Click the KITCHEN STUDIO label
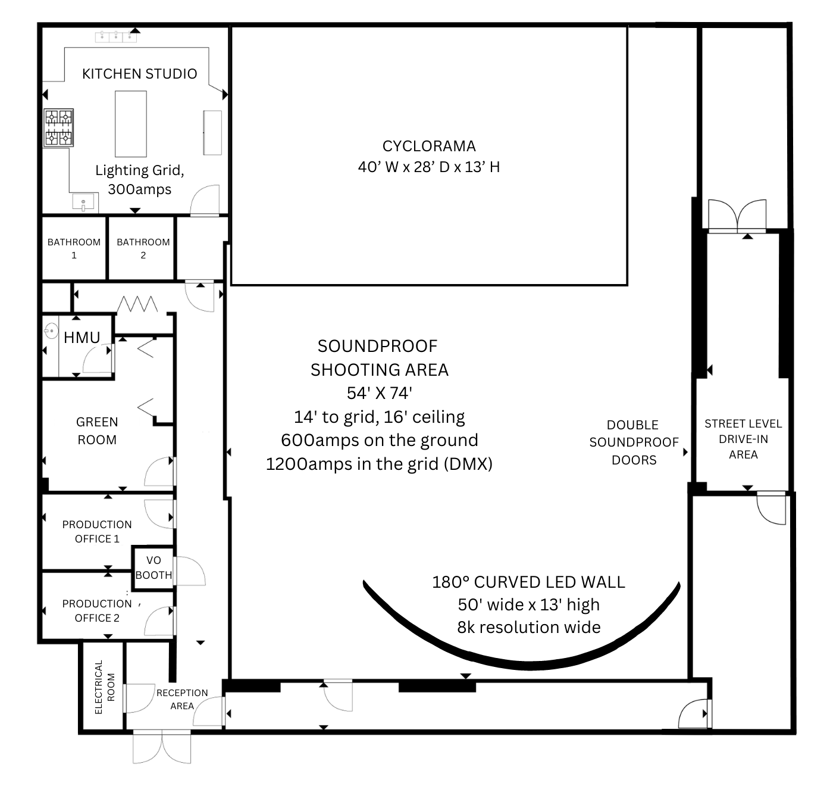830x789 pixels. click(x=139, y=74)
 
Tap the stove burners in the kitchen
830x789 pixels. click(x=58, y=127)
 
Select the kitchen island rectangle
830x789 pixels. click(x=131, y=124)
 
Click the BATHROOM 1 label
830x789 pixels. click(x=74, y=248)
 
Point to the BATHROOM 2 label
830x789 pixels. click(x=143, y=248)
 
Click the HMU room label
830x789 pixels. click(x=82, y=338)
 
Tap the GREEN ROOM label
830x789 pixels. click(x=97, y=431)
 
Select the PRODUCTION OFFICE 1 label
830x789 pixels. click(x=97, y=531)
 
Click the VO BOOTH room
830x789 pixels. click(x=154, y=567)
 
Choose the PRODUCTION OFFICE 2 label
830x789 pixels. click(x=97, y=610)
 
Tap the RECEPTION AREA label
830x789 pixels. click(x=182, y=699)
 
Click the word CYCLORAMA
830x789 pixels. click(x=429, y=146)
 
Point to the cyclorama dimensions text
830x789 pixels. click(x=429, y=167)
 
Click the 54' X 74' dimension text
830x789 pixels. click(x=380, y=393)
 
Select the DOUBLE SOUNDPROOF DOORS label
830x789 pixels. click(x=634, y=442)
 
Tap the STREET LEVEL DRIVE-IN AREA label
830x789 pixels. click(x=743, y=439)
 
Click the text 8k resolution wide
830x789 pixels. click(x=528, y=627)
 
